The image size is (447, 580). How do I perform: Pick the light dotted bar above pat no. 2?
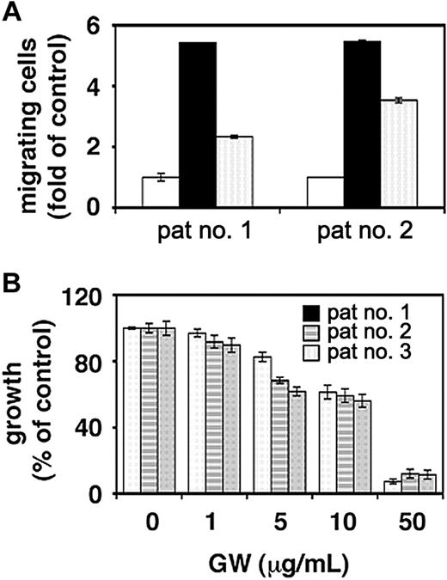pyautogui.click(x=398, y=154)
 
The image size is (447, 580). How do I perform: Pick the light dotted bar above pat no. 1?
pyautogui.click(x=234, y=172)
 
